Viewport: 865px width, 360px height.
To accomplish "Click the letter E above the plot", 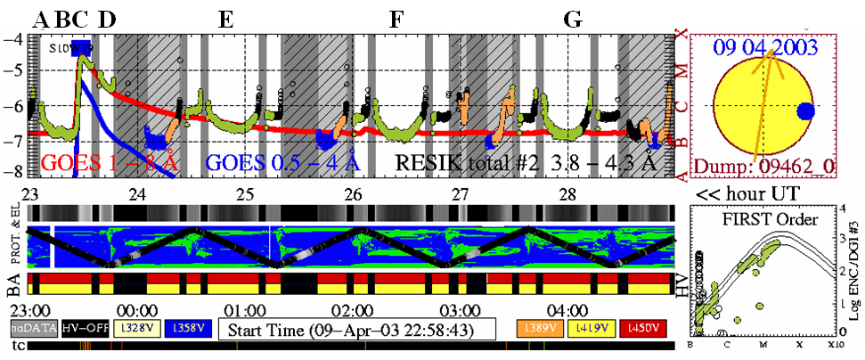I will click(226, 20).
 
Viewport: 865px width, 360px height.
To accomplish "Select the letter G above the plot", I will click(575, 20).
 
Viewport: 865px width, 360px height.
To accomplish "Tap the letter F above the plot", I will click(396, 20).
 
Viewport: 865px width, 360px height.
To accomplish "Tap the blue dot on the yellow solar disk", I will click(806, 111).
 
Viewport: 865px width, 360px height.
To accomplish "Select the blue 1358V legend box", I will click(189, 328).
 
